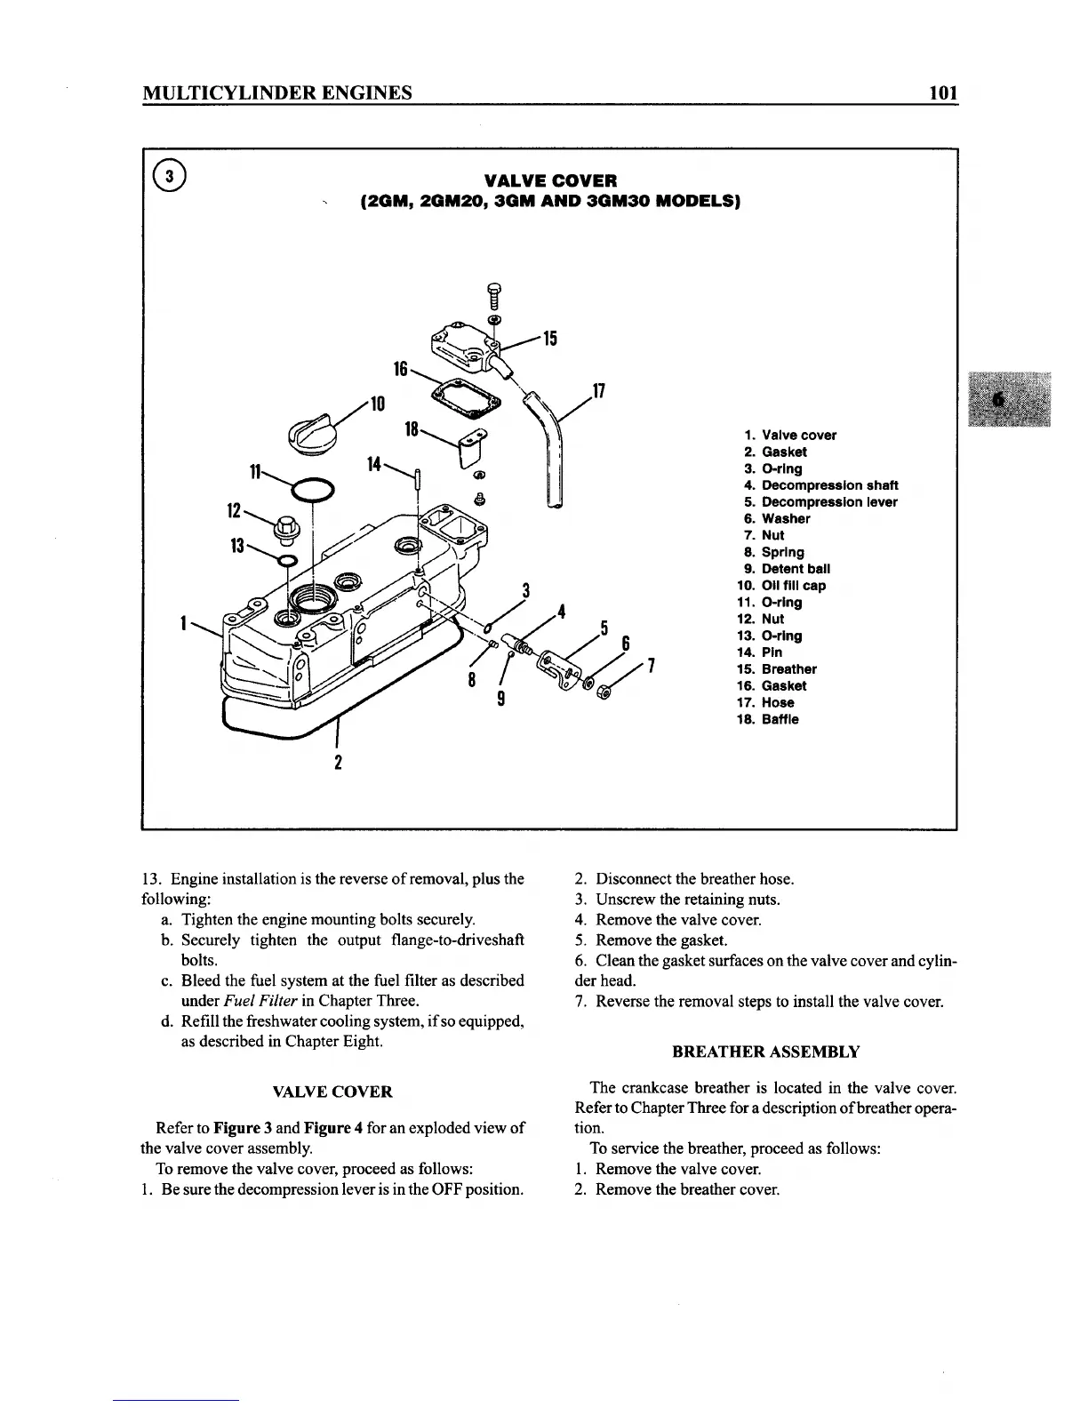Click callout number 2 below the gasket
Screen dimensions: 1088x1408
tap(338, 763)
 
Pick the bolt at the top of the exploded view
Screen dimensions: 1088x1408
tap(494, 294)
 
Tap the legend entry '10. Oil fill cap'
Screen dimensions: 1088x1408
tap(782, 586)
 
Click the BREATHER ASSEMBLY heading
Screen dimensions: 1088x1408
tap(765, 1052)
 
